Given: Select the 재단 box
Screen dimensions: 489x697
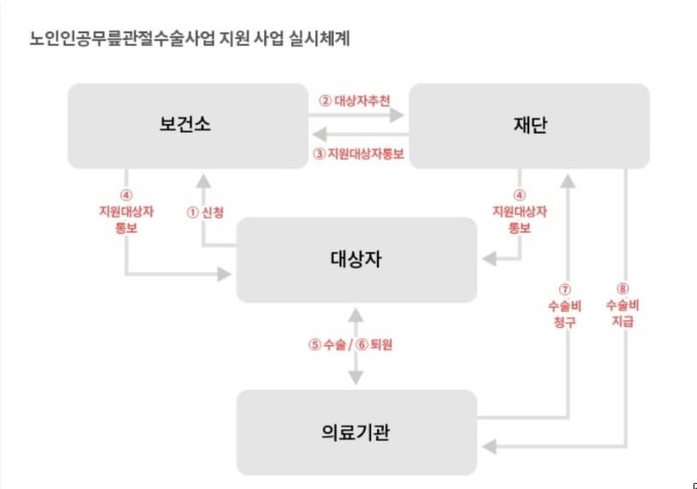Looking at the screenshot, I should point(528,125).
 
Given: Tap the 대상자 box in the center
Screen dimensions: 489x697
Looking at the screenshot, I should point(357,259).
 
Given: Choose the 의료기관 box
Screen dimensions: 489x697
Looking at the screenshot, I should point(357,432).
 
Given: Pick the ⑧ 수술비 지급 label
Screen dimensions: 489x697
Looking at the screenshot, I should point(622,305).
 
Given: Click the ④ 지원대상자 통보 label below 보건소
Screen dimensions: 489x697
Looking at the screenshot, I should point(126,211).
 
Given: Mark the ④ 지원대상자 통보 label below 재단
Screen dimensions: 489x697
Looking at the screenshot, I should point(519,211).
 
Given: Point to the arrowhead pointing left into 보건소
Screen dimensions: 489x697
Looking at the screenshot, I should point(317,134).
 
